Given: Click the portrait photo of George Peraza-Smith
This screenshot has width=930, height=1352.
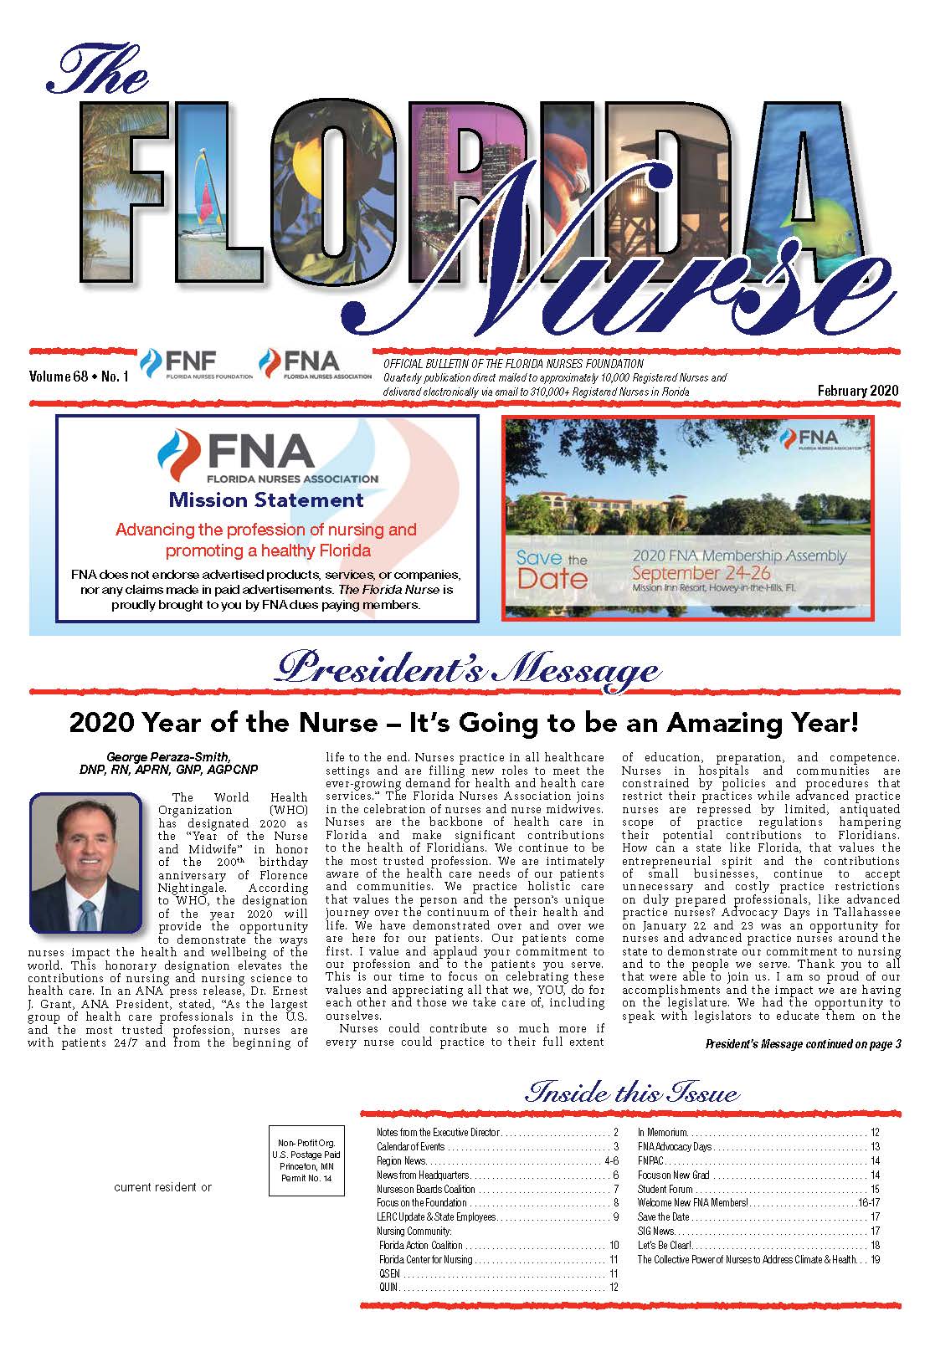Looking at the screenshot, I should pos(85,863).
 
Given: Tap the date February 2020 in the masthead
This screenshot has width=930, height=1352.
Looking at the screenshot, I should pos(858,391).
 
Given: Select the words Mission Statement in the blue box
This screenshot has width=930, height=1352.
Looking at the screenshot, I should pos(266,500).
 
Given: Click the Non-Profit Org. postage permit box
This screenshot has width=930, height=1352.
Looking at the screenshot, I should pos(306,1160).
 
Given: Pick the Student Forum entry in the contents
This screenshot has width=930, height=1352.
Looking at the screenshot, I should pos(665,1189).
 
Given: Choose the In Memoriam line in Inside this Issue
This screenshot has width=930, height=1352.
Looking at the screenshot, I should pos(662,1132).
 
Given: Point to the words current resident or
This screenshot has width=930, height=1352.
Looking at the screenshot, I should pos(163,1187).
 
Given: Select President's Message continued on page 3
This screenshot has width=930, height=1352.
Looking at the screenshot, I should pos(803,1044).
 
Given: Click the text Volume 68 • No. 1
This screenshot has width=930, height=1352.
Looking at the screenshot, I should pos(79,377).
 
